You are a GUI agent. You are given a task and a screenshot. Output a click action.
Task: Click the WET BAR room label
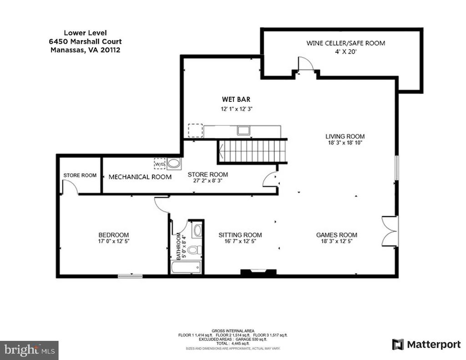pos(236,99)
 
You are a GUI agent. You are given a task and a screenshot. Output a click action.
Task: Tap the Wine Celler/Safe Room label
pos(346,43)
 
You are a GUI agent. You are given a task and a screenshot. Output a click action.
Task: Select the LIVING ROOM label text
pos(345,137)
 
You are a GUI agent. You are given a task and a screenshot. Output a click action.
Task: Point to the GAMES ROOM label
pos(336,235)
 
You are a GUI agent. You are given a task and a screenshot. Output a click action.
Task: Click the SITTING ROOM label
pos(240,235)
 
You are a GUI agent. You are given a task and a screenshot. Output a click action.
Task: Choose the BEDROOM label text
pos(113,235)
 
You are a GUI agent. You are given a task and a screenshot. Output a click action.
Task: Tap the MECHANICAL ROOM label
pos(140,177)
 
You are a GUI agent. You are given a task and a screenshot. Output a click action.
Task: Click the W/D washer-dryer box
pos(160,163)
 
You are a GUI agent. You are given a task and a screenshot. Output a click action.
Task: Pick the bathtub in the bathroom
pos(186,267)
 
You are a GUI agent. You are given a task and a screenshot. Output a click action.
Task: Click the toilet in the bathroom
pos(195,250)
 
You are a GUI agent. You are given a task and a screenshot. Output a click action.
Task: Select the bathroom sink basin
pos(197,230)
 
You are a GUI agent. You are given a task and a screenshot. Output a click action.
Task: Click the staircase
pos(253,152)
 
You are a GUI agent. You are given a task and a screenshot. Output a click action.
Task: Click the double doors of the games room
pos(390,231)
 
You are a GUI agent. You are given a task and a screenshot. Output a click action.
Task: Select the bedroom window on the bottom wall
pos(130,276)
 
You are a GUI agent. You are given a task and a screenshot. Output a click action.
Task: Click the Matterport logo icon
pos(398,344)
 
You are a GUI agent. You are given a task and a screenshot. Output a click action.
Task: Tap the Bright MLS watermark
pos(30,350)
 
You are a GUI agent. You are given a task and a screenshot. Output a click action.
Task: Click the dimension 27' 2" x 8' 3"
pos(208,180)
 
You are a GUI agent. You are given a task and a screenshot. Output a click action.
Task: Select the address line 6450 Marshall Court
pos(85,41)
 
